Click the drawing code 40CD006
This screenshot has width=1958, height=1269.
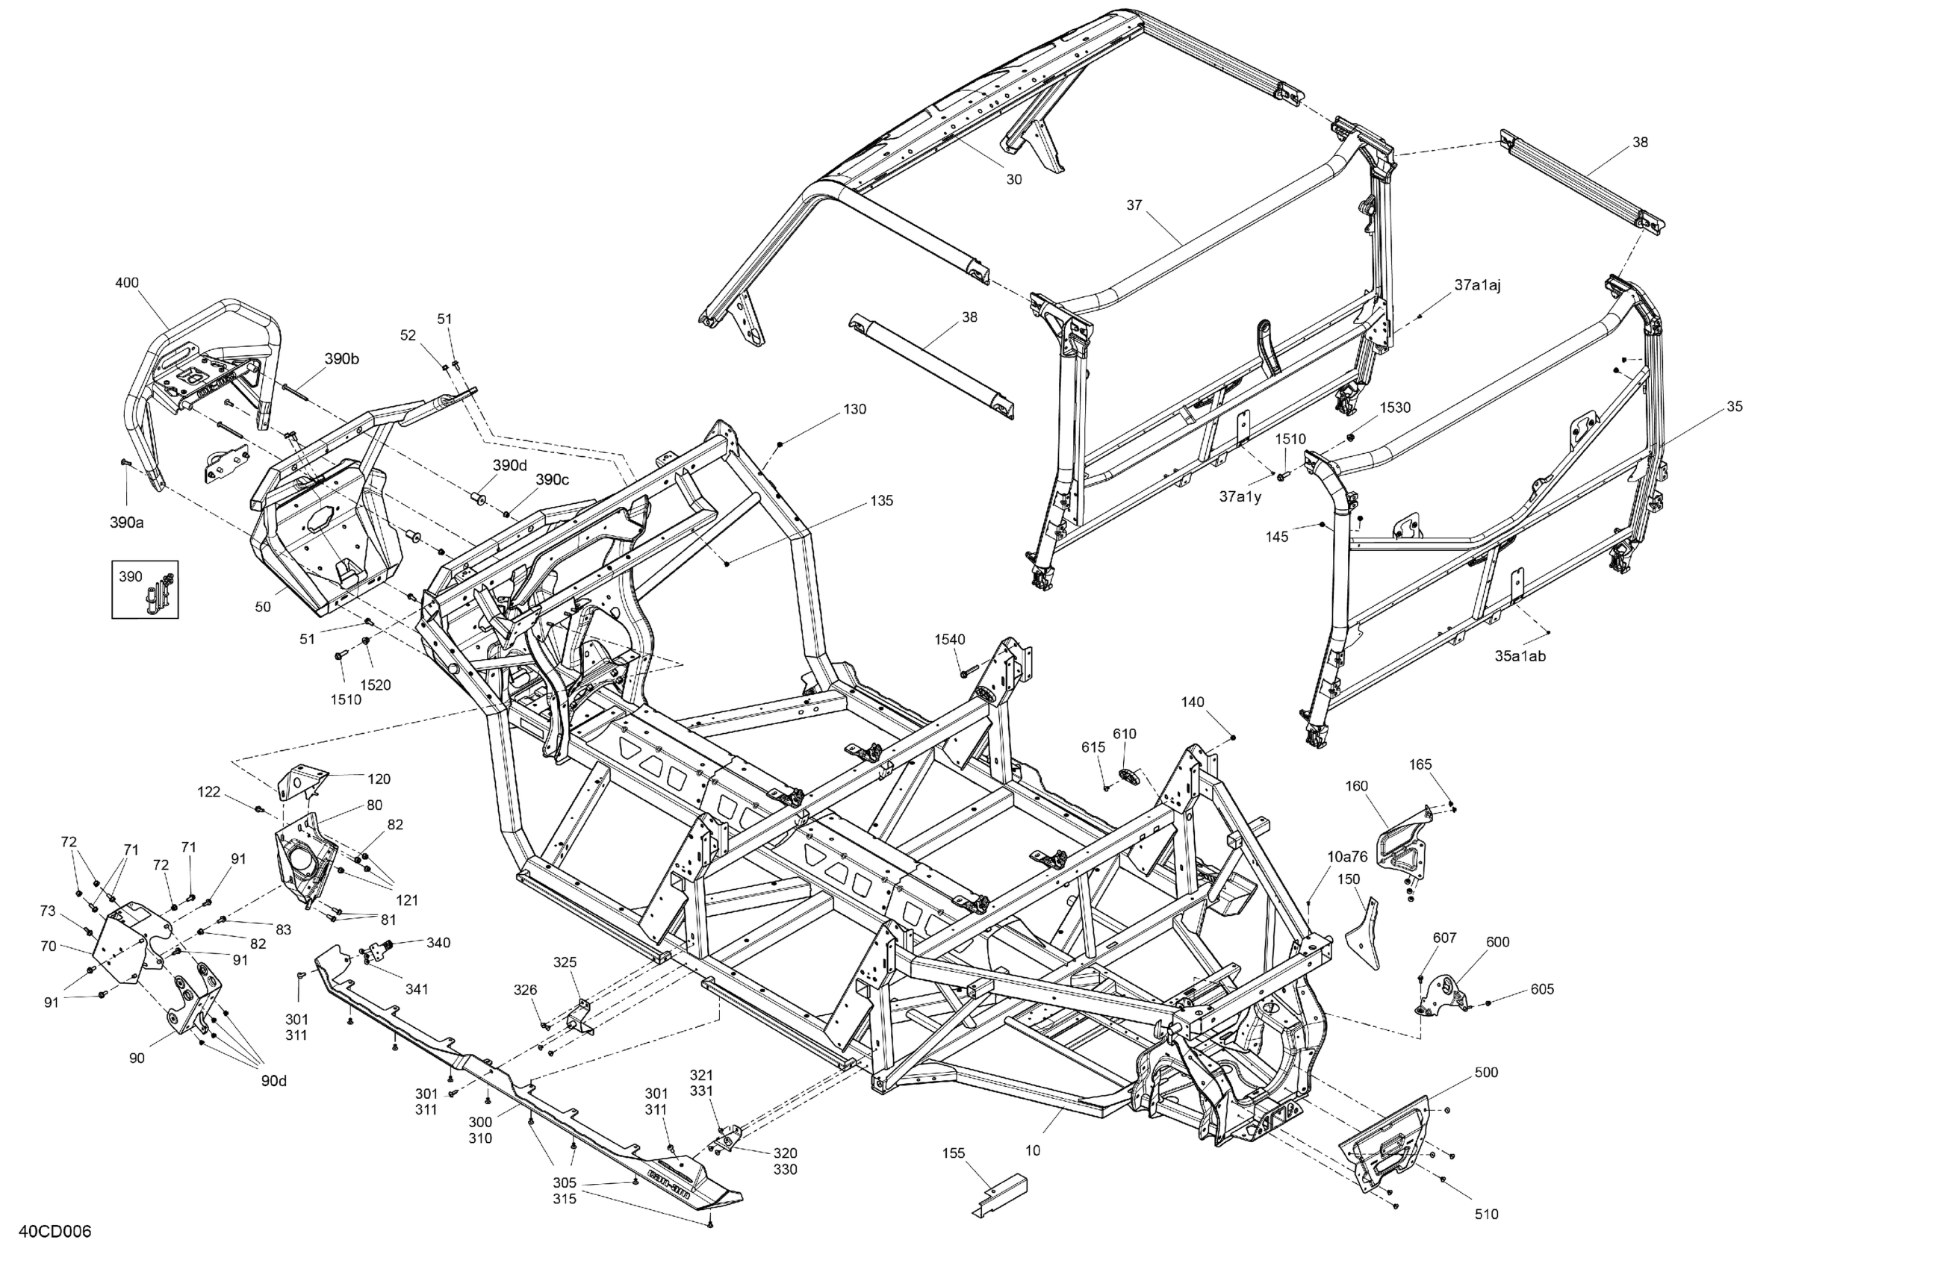[x=55, y=1231]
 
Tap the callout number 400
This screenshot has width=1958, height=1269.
[x=127, y=283]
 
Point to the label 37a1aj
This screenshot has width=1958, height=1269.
[x=1478, y=285]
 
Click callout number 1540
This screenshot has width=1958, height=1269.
[x=949, y=639]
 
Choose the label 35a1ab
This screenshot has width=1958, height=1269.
[x=1520, y=655]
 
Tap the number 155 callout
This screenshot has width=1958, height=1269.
[x=954, y=1153]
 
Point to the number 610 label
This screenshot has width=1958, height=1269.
[x=1125, y=734]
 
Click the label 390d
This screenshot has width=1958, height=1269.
[x=509, y=466]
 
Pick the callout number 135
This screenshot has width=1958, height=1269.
[x=881, y=500]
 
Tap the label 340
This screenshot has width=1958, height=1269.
[x=438, y=943]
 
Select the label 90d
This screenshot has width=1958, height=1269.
[x=274, y=1081]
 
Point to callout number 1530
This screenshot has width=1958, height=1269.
[x=1394, y=407]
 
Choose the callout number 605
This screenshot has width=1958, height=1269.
[x=1542, y=988]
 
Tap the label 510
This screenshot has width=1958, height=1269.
[x=1486, y=1213]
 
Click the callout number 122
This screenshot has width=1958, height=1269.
[x=209, y=792]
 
